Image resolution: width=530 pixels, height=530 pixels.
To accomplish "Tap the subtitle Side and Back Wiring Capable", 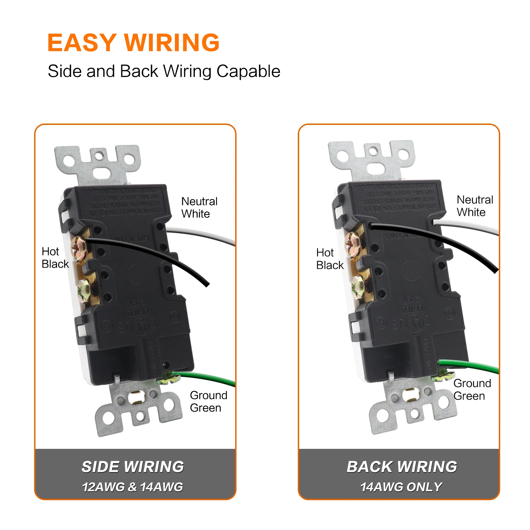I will tap(164, 71).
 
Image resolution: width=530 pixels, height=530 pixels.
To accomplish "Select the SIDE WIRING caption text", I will tap(133, 467).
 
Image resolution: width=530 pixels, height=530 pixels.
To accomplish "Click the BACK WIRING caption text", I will tap(402, 467).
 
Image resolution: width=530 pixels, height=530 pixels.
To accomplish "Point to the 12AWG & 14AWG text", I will tap(132, 487).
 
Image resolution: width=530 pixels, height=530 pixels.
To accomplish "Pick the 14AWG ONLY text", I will tap(401, 487).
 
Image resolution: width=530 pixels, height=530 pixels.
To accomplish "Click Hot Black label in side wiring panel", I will tap(55, 258).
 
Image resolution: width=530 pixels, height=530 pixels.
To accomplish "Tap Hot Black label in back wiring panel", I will tap(330, 259).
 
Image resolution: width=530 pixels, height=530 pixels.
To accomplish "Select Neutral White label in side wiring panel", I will tap(199, 207).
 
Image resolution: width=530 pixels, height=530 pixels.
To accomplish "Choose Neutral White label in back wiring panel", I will tap(475, 206).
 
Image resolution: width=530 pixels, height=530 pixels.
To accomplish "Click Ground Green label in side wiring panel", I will tap(208, 401).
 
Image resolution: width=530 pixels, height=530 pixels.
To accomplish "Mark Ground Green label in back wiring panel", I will tap(472, 389).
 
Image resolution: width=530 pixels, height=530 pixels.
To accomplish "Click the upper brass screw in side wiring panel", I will tap(79, 248).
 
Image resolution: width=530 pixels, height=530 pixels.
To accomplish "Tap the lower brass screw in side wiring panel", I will tap(84, 291).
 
